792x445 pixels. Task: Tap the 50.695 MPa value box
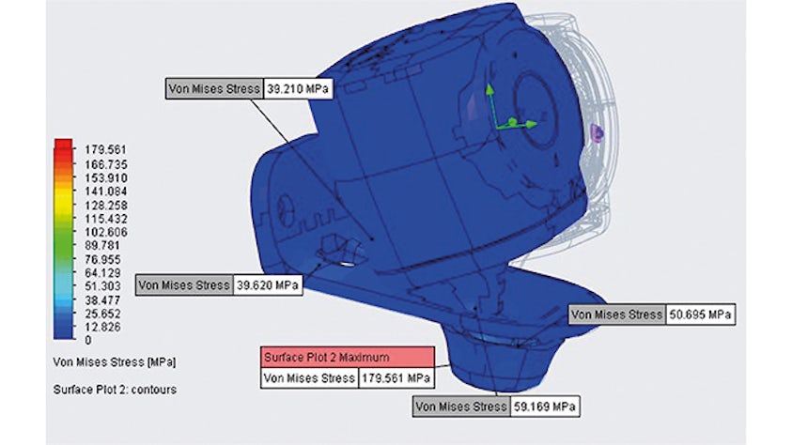pos(700,315)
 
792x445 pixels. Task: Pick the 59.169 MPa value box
pos(542,407)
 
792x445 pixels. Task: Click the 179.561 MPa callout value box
pos(395,378)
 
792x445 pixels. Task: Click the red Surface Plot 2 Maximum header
pos(347,357)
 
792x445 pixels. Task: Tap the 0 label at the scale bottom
pos(87,341)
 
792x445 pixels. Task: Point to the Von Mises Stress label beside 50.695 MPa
pos(615,315)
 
